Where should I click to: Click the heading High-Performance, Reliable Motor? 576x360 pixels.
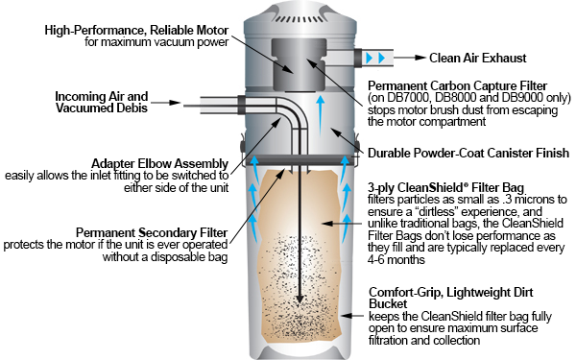pos(136,30)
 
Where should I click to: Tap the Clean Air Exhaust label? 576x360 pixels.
pos(477,58)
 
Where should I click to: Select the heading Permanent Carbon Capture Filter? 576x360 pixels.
pos(457,86)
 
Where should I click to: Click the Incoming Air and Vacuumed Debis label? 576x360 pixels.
pos(102,102)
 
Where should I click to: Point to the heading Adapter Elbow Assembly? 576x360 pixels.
pos(159,163)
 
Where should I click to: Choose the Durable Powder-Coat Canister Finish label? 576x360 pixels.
pos(468,153)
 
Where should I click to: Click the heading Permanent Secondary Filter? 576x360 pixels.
pos(152,232)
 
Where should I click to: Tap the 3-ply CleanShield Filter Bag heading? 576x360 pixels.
pos(446,187)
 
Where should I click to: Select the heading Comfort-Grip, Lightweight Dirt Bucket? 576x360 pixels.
pos(451,298)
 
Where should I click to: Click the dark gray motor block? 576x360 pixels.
pos(299,64)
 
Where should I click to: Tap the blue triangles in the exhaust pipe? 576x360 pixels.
pos(375,58)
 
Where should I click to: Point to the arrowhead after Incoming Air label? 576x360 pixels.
pos(175,103)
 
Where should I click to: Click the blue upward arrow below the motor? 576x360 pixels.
pos(321,116)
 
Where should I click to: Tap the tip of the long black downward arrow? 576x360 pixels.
pos(300,303)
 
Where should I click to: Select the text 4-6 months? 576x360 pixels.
pos(396,260)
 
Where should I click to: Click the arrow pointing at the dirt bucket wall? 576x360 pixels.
pos(352,316)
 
